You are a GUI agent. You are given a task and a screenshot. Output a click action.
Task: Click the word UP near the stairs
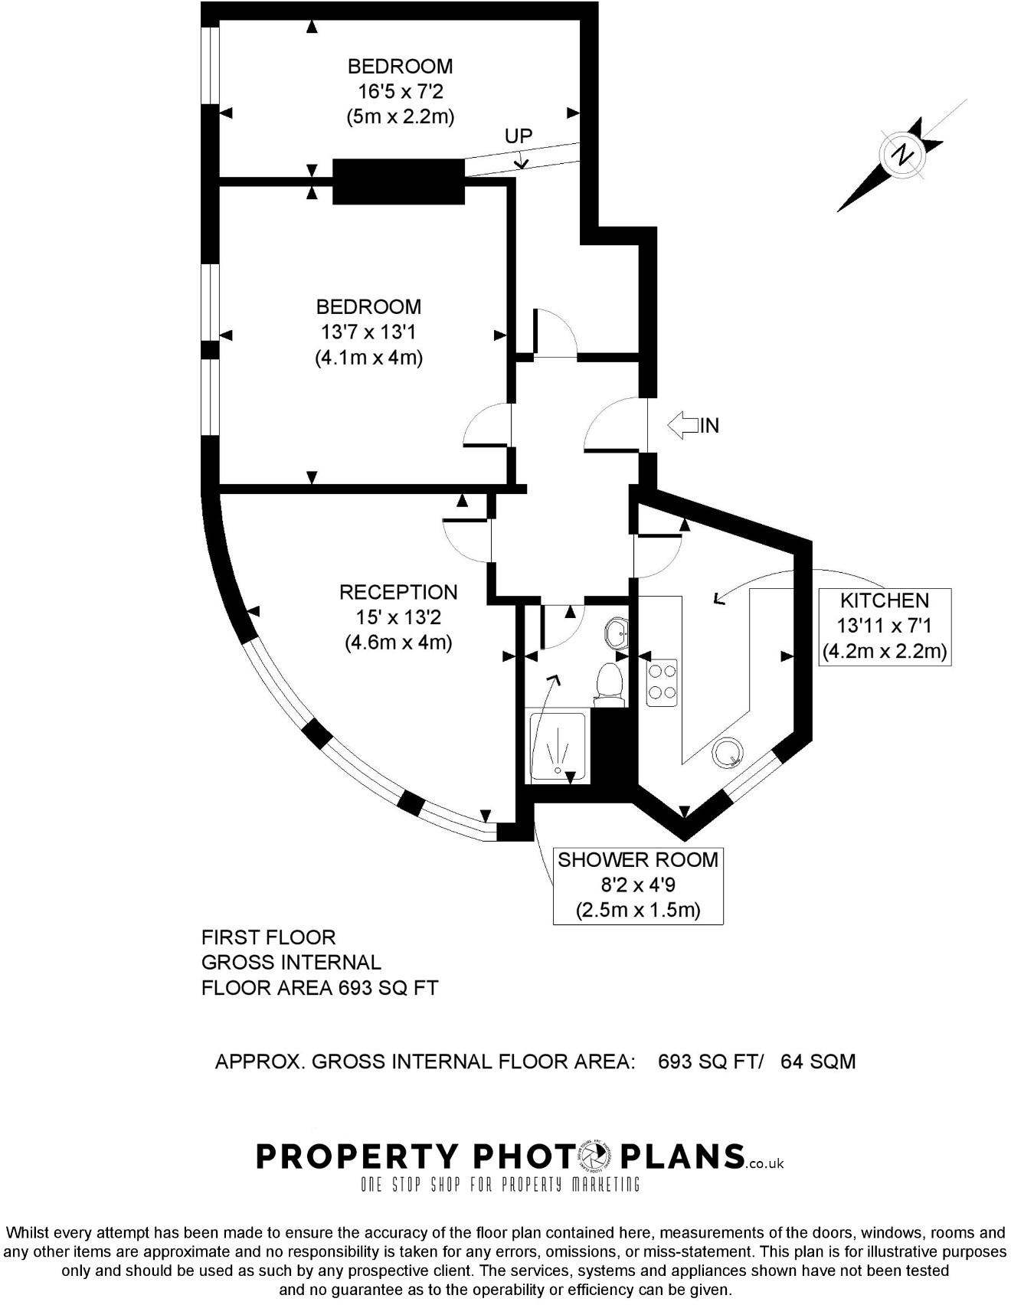[x=519, y=136]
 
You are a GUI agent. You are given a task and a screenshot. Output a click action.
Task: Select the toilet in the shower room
[x=609, y=682]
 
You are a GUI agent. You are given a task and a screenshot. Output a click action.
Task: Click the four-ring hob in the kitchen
[x=662, y=682]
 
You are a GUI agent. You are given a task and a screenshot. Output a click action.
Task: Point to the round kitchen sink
[x=728, y=753]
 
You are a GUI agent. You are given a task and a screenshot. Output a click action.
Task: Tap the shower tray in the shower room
[x=558, y=747]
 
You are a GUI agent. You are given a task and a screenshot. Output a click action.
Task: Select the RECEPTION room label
[x=398, y=592]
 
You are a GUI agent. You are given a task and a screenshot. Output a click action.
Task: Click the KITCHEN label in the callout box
[x=885, y=600]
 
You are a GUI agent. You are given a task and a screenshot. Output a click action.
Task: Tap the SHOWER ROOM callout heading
[x=638, y=859]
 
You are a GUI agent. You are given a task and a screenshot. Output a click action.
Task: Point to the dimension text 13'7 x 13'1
[x=368, y=332]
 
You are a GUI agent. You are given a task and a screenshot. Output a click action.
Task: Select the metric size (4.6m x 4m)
[x=398, y=642]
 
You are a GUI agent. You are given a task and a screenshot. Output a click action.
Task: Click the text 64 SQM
[x=817, y=1061]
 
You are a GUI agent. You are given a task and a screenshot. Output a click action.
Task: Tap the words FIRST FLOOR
[x=268, y=937]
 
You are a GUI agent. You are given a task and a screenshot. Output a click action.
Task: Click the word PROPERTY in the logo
[x=357, y=1156]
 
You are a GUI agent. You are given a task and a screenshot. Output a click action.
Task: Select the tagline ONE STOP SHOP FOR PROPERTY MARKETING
[x=500, y=1185]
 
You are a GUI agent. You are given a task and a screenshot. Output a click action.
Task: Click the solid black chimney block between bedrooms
[x=398, y=182]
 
